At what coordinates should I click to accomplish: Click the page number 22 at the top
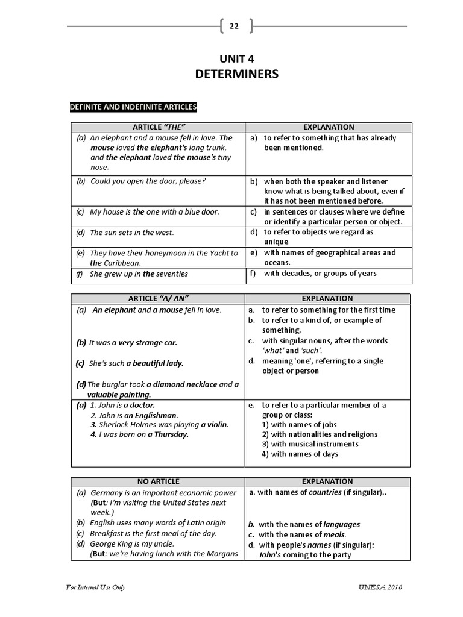[x=233, y=26]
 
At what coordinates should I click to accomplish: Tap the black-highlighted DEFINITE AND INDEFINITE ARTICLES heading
[x=133, y=107]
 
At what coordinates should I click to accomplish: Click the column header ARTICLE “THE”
[x=157, y=127]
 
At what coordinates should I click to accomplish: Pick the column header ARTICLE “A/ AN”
[x=157, y=298]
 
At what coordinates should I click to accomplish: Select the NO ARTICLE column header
[x=157, y=481]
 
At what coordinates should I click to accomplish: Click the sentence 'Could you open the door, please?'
[x=149, y=181]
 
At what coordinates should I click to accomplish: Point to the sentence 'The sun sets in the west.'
[x=131, y=232]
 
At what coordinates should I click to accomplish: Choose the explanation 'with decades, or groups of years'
[x=320, y=274]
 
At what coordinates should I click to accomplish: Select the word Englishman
[x=156, y=415]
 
